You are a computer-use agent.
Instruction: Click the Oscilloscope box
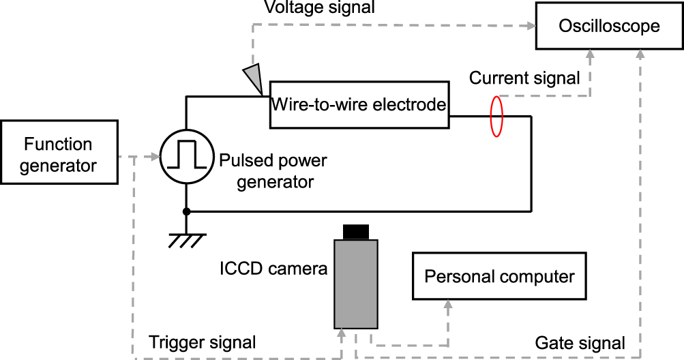(x=609, y=27)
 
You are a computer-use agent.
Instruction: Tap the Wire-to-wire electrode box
(x=359, y=105)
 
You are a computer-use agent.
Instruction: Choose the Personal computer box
(x=499, y=276)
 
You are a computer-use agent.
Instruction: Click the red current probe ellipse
(x=497, y=117)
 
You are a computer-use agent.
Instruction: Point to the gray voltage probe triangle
(x=254, y=77)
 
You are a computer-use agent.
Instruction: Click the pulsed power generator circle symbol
(x=186, y=157)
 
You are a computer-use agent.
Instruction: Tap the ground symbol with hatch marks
(x=186, y=239)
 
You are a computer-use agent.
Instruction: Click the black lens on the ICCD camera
(x=355, y=232)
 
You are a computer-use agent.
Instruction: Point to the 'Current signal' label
(x=524, y=78)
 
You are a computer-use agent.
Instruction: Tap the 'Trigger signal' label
(x=203, y=342)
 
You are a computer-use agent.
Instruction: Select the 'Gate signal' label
(x=580, y=342)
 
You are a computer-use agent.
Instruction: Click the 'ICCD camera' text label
(x=273, y=269)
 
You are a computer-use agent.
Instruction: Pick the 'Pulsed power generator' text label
(x=273, y=172)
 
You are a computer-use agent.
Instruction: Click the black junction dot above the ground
(x=186, y=211)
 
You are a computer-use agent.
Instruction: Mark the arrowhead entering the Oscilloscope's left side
(x=531, y=26)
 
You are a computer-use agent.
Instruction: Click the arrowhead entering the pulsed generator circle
(x=155, y=157)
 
